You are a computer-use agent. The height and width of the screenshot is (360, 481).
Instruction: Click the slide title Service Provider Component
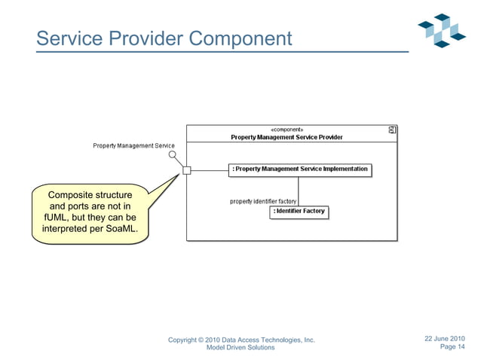click(x=164, y=38)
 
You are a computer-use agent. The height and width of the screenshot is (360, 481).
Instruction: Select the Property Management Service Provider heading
click(x=286, y=137)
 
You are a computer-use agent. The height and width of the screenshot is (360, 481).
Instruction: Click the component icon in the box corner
click(x=392, y=130)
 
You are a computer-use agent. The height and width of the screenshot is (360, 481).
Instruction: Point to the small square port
click(x=187, y=170)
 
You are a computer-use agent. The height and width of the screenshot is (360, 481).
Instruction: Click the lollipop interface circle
click(x=173, y=155)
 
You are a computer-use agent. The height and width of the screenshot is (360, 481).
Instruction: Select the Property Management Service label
click(x=133, y=145)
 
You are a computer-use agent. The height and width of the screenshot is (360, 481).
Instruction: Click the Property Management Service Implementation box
click(x=299, y=169)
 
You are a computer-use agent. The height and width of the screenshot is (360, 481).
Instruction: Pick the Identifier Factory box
click(x=299, y=212)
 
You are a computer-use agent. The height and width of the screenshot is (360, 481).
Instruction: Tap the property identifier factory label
click(x=263, y=201)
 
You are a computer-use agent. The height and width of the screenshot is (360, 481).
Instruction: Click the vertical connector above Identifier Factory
click(x=299, y=191)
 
